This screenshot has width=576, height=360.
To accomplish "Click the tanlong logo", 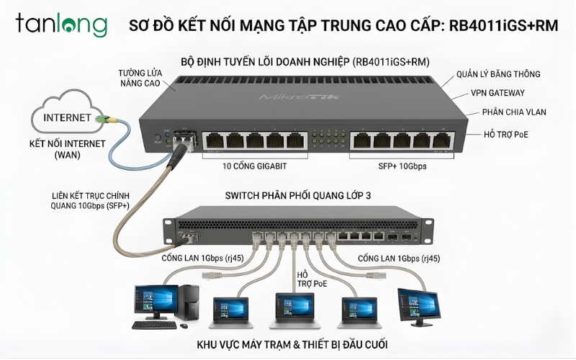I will [60, 24].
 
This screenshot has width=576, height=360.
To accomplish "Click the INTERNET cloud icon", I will [68, 115].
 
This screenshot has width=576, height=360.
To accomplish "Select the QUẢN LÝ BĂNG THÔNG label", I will [498, 73].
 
